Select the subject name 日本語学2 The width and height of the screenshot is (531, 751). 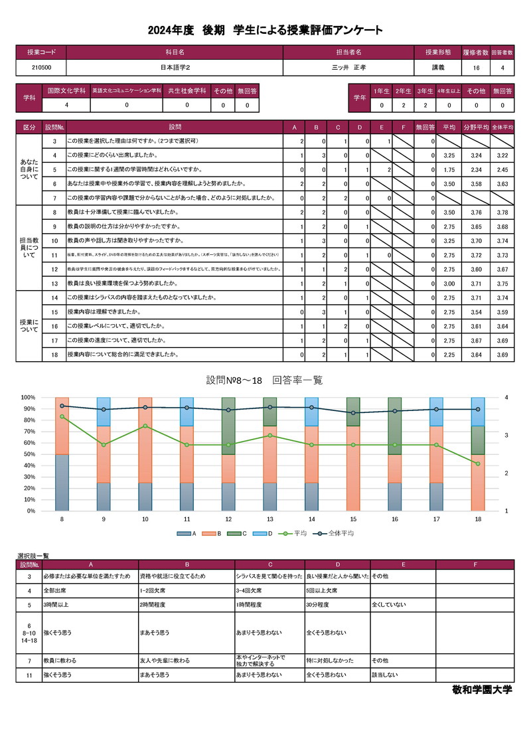point(175,68)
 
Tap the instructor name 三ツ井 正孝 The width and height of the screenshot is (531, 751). point(348,68)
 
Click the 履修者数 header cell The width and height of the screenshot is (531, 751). point(476,51)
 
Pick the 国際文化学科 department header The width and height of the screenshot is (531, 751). point(66,90)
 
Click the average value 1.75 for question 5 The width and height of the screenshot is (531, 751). point(448,169)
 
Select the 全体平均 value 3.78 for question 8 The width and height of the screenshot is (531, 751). point(502,212)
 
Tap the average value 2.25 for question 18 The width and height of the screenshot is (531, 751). point(448,355)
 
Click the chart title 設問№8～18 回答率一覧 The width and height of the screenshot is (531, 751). point(264,380)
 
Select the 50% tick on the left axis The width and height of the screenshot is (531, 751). point(29,454)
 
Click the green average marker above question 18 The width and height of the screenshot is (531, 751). point(478,463)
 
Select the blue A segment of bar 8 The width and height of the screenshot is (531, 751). point(62,483)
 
